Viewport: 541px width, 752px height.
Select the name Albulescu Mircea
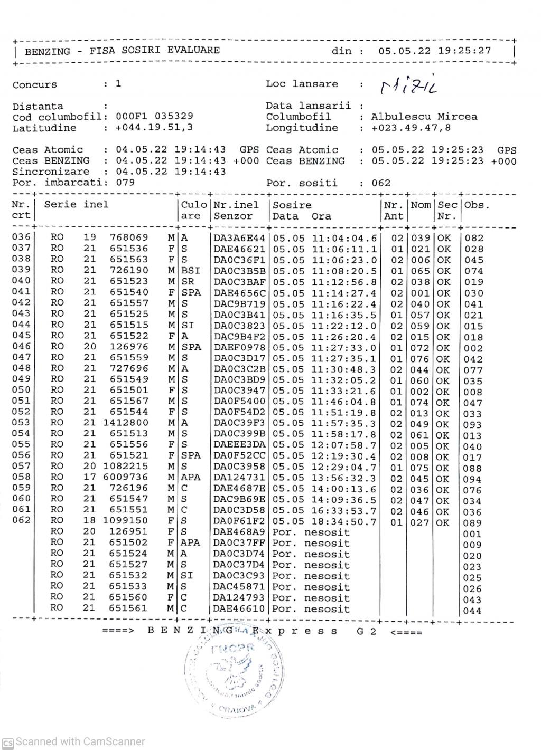[424, 117]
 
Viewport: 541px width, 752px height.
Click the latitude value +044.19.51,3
[151, 128]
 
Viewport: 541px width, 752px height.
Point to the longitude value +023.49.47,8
[411, 128]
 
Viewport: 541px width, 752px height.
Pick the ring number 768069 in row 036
[129, 238]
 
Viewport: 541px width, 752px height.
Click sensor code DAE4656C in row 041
[240, 293]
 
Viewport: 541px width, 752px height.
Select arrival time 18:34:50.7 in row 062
[344, 522]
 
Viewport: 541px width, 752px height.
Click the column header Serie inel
[76, 205]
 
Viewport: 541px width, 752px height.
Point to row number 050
[21, 391]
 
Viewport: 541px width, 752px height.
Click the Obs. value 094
[472, 480]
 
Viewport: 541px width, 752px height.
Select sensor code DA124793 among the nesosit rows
[240, 598]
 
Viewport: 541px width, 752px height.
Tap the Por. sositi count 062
[381, 184]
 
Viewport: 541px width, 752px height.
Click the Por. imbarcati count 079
[125, 183]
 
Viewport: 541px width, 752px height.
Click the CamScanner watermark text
[80, 741]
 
